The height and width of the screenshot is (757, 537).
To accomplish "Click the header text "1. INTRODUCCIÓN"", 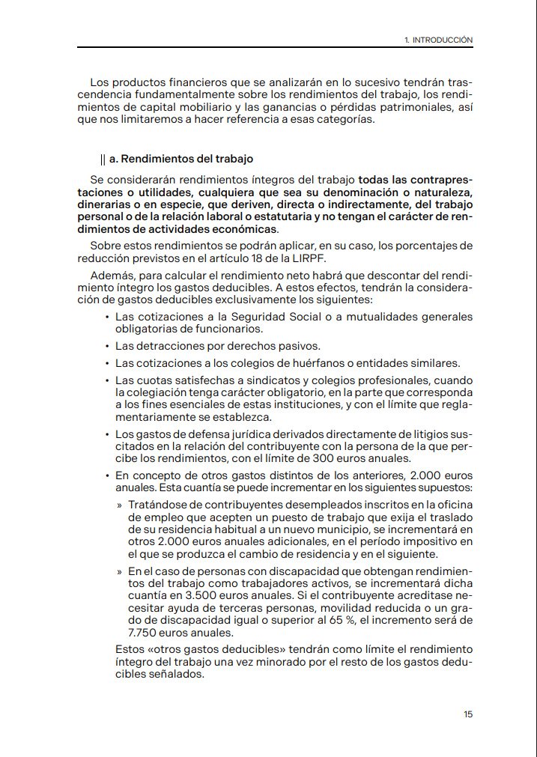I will pos(438,40).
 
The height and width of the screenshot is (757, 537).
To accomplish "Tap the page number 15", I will pos(468,714).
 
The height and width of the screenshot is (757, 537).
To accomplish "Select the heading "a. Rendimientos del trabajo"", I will pos(181,159).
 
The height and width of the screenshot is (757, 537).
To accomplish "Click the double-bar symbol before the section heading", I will pos(103,159).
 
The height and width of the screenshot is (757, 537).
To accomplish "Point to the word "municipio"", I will pos(328,529).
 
